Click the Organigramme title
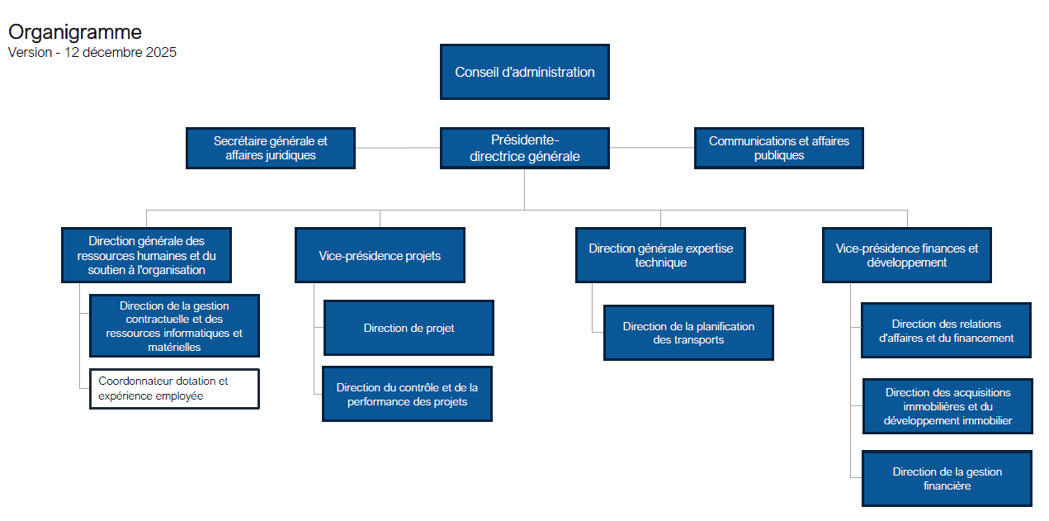click(x=75, y=32)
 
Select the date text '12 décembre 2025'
click(x=120, y=52)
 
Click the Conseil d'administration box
click(x=525, y=72)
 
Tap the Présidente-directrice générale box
click(x=525, y=148)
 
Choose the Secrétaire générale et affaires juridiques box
click(x=271, y=148)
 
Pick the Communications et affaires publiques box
click(x=779, y=148)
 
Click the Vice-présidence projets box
click(x=380, y=255)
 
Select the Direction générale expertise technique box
click(x=660, y=255)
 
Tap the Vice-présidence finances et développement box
click(x=907, y=255)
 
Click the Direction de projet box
click(x=409, y=328)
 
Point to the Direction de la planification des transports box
click(x=688, y=333)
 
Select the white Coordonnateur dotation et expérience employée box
click(x=174, y=389)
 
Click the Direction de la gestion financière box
click(x=947, y=478)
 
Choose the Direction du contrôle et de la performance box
click(x=407, y=394)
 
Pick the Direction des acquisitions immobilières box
click(x=947, y=406)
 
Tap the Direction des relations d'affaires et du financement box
click(x=946, y=330)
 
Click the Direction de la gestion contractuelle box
click(x=174, y=325)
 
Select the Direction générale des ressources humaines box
click(x=147, y=255)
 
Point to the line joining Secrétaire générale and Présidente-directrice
click(x=398, y=148)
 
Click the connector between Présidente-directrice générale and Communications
click(x=652, y=148)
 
